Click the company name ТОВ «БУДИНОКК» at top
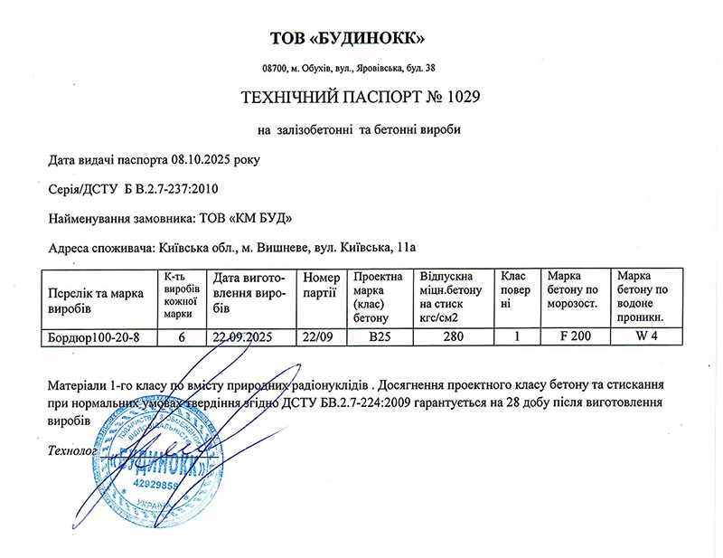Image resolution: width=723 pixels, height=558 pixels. click(347, 39)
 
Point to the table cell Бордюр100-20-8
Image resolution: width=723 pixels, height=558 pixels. click(94, 337)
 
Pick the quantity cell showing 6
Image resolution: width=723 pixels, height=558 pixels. click(182, 337)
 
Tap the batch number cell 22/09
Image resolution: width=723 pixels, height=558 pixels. click(320, 337)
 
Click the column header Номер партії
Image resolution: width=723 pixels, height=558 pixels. click(322, 285)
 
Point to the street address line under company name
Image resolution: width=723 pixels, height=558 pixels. click(348, 68)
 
